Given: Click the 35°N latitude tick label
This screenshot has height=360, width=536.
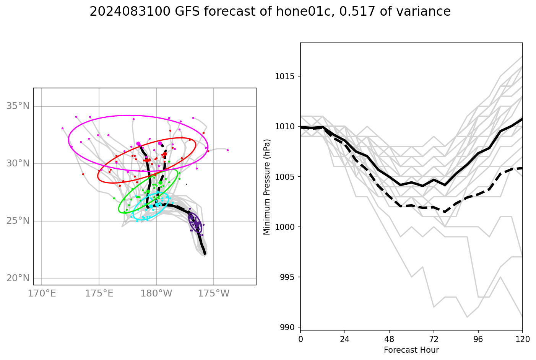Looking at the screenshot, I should pos(18,106).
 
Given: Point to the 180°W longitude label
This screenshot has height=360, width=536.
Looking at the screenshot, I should pos(156,294).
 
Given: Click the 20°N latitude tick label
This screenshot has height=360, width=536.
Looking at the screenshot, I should pos(18,278).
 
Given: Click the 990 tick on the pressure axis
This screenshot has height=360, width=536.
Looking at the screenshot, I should pos(287,327).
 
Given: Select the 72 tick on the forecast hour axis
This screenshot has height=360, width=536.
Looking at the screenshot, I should pos(434,339).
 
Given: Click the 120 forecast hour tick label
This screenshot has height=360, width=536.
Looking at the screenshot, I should pos(522,339).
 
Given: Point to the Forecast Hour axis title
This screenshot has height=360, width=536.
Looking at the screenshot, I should pos(411,350).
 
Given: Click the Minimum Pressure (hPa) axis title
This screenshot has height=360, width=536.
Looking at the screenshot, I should pos(267,187).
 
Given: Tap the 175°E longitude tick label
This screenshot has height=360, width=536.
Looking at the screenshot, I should pos(99,294).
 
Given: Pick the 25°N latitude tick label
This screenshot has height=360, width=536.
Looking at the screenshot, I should pos(18,221).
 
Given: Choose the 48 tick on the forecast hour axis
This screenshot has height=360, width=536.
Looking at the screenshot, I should pos(389,339).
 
